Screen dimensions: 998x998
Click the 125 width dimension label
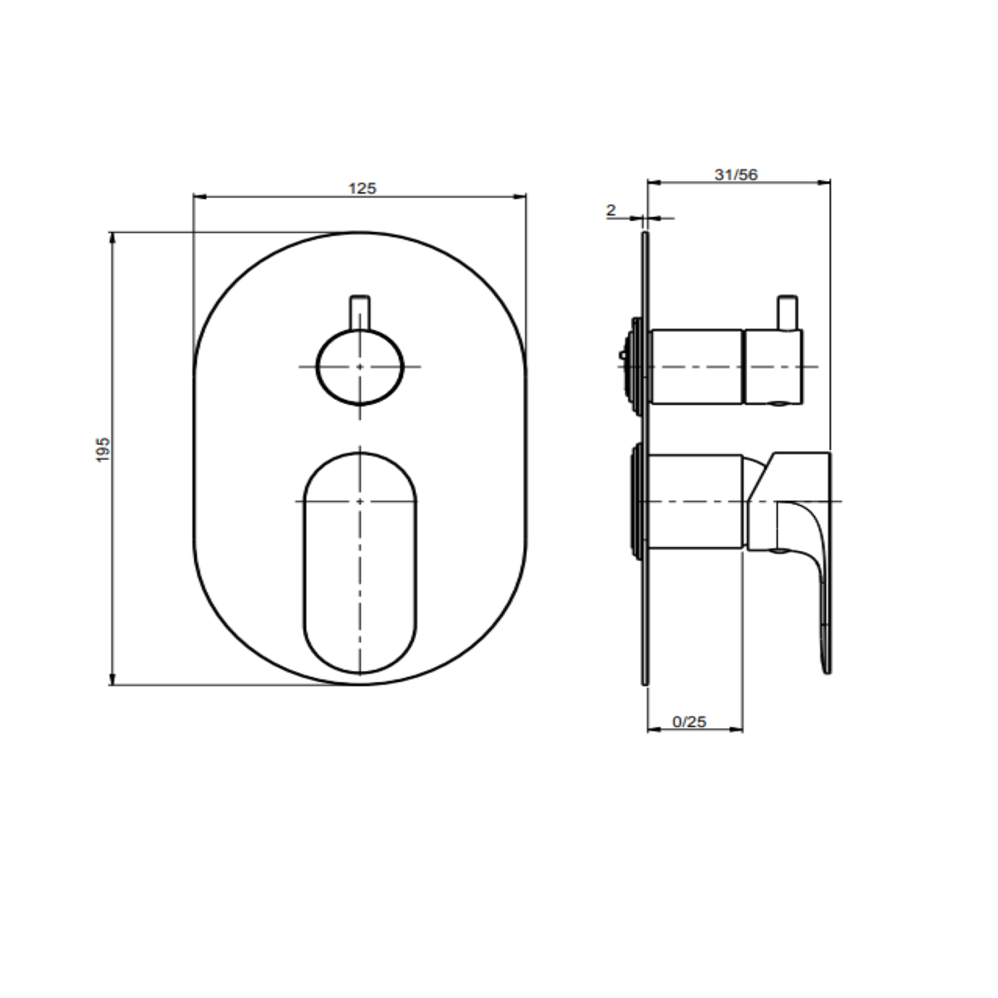362,188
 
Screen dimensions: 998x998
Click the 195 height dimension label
103,449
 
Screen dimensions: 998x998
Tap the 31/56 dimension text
736,174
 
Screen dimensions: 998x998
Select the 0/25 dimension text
689,721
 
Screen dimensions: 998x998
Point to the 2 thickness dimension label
611,210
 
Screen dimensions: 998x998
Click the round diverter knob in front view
360,366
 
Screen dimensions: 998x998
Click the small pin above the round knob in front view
360,312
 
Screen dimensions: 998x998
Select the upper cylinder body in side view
697,366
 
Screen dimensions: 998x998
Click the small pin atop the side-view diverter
787,312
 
